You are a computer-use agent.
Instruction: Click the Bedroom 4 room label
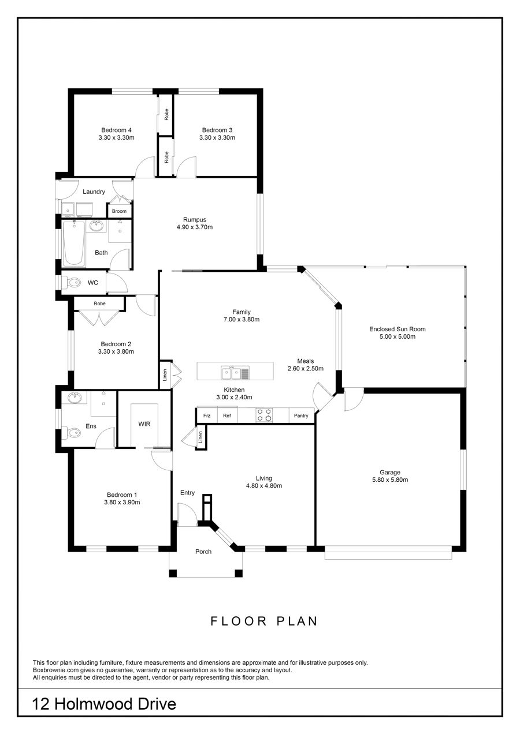(116, 130)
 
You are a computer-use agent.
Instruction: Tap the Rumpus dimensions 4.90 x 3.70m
(195, 227)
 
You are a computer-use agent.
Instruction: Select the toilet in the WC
(71, 282)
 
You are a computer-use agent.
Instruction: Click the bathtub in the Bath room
(73, 243)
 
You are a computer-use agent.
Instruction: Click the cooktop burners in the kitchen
(264, 415)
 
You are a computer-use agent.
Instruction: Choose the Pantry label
(301, 415)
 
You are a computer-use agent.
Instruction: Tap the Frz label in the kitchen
(207, 415)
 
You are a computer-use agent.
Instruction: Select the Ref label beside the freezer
(227, 415)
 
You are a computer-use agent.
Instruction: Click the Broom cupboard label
(119, 211)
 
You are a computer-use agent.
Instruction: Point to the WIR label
(144, 424)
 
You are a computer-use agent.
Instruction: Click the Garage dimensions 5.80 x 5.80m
(390, 480)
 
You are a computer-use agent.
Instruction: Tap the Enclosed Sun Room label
(398, 329)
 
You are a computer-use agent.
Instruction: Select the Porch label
(203, 552)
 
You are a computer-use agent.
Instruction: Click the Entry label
(187, 492)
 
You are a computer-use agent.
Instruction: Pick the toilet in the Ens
(71, 433)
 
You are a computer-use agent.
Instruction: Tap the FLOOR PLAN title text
(264, 621)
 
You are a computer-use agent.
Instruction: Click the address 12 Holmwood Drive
(104, 704)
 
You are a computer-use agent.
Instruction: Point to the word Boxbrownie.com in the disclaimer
(56, 671)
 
